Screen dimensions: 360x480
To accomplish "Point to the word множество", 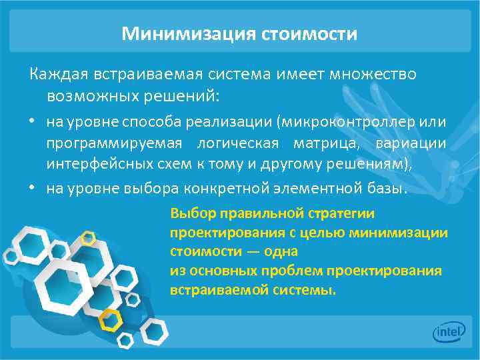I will coord(374,74).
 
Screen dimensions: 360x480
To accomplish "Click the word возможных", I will coord(86,96).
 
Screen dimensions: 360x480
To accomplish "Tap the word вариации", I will coord(411,144).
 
